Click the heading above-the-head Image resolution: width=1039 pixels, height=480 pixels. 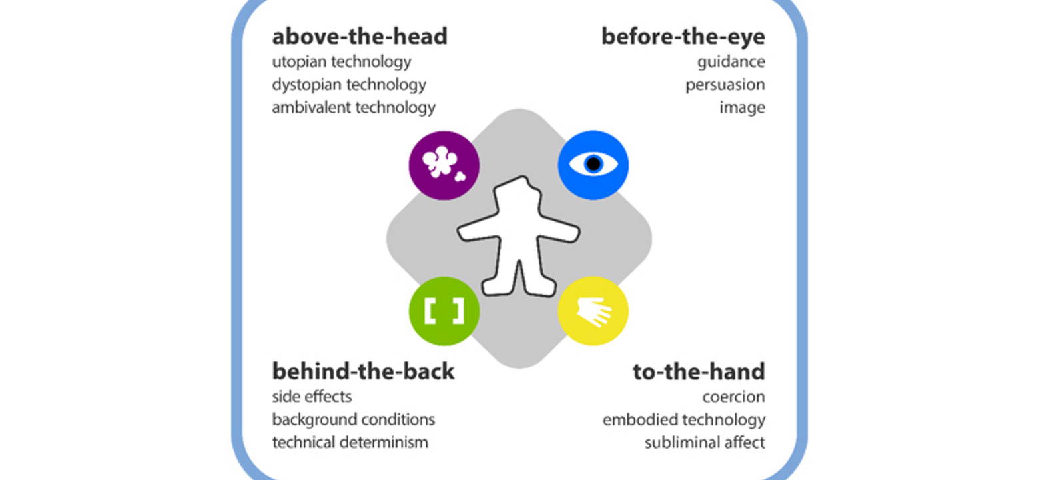(359, 37)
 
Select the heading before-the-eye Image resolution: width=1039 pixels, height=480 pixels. (683, 37)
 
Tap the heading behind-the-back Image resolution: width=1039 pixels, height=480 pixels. (363, 371)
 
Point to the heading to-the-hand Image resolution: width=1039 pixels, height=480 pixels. (699, 371)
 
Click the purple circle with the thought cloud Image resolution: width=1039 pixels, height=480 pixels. (444, 165)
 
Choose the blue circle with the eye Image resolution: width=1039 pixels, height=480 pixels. (593, 165)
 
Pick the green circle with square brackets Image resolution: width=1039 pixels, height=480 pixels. (444, 311)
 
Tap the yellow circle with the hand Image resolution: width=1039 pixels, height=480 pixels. (593, 311)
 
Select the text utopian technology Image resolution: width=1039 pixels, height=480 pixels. (341, 62)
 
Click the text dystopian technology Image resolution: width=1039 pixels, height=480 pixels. (348, 85)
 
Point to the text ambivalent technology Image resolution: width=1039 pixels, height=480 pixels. (353, 107)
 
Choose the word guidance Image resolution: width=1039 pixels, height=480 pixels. (731, 62)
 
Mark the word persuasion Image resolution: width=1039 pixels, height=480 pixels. (725, 85)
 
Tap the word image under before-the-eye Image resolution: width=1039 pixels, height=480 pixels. (741, 107)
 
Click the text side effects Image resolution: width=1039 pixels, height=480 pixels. (312, 397)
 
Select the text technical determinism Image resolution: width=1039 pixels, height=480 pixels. (350, 442)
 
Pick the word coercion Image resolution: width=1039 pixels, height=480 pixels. (733, 397)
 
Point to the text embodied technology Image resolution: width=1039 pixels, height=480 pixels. (683, 419)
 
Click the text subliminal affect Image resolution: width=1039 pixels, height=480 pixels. (704, 442)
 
